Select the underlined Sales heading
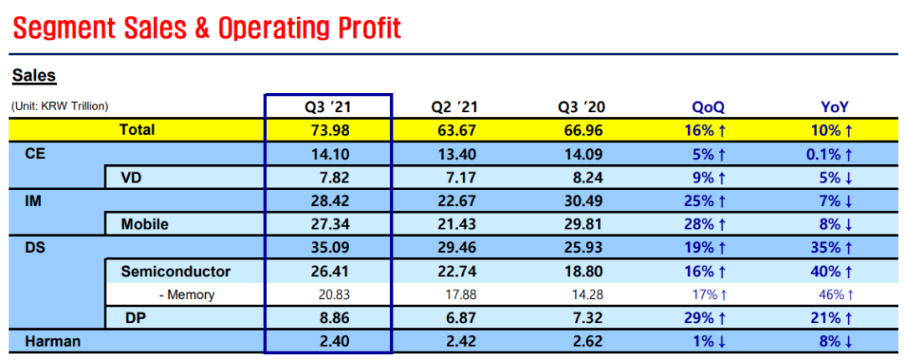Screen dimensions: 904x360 coord(34,76)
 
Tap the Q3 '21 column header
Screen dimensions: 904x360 coord(327,106)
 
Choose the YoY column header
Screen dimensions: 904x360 coord(835,106)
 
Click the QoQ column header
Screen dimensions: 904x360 coord(708,106)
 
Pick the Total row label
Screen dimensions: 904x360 coord(137,130)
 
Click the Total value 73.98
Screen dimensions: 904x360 coord(329,131)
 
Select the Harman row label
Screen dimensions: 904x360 coord(53,341)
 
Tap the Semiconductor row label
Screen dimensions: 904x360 coord(176,271)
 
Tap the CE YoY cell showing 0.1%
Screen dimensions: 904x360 coord(831,154)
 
